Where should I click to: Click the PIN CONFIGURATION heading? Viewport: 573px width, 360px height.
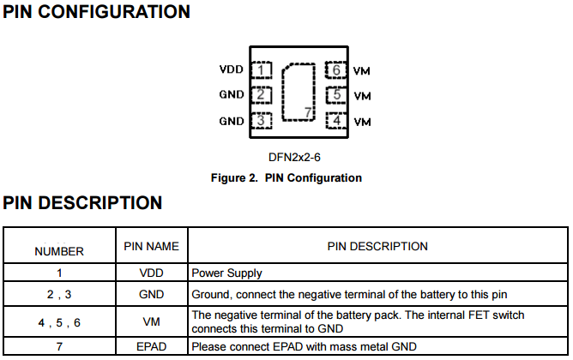(x=97, y=12)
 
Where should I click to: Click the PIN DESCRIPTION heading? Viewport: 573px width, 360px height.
(x=82, y=203)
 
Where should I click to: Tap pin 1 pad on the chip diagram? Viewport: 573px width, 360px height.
(x=261, y=69)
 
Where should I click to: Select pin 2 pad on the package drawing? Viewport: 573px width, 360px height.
(x=261, y=95)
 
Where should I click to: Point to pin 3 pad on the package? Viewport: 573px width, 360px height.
(x=261, y=121)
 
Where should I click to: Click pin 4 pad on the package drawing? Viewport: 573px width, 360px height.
(x=336, y=121)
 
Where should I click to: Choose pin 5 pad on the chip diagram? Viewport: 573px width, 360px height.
(x=336, y=95)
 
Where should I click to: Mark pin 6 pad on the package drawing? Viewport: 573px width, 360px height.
(x=336, y=70)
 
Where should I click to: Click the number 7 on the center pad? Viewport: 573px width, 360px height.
(x=308, y=112)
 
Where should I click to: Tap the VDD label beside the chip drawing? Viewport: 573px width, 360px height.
(x=231, y=69)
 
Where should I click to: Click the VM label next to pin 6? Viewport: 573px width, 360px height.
(x=362, y=71)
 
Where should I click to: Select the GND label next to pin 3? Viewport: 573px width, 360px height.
(x=231, y=121)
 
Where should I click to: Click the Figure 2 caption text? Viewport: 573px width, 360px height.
(x=286, y=178)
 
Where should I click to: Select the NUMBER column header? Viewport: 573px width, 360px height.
(x=59, y=251)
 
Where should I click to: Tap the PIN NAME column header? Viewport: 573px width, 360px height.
(x=152, y=246)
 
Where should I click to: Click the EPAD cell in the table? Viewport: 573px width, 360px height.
(x=152, y=346)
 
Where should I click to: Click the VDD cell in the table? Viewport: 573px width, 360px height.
(x=152, y=273)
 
